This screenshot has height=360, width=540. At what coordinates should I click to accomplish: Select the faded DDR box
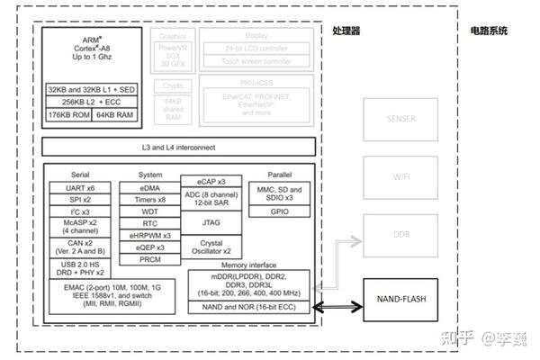(400, 237)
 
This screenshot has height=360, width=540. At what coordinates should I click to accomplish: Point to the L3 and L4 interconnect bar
(179, 148)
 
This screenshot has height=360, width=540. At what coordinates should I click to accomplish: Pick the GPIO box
(279, 211)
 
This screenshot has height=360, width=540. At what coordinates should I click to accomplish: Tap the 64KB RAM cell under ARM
(113, 114)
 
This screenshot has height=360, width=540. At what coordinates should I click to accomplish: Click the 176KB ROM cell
(68, 114)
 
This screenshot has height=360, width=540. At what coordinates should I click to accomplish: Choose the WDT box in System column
(150, 211)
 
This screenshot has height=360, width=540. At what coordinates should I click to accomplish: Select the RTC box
(150, 223)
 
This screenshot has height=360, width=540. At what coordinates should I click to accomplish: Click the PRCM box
(150, 259)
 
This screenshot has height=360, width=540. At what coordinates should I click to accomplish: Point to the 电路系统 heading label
(488, 31)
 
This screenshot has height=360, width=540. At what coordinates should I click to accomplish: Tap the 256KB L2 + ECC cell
(90, 102)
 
